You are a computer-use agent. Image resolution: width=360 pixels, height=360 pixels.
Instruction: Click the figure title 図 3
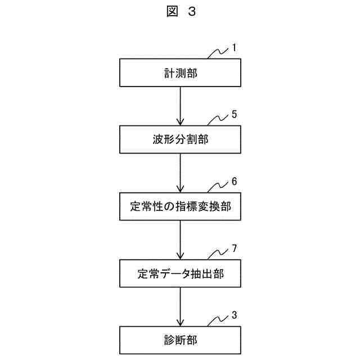(181, 12)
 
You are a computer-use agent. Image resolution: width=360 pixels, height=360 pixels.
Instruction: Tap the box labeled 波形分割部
(180, 139)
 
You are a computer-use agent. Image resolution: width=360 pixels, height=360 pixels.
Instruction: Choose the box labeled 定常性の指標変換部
(180, 206)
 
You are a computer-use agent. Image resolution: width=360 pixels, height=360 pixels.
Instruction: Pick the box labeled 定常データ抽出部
(180, 274)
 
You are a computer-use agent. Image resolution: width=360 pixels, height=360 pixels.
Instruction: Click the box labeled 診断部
(180, 340)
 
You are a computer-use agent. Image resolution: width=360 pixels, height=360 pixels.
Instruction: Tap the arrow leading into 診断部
(180, 307)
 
